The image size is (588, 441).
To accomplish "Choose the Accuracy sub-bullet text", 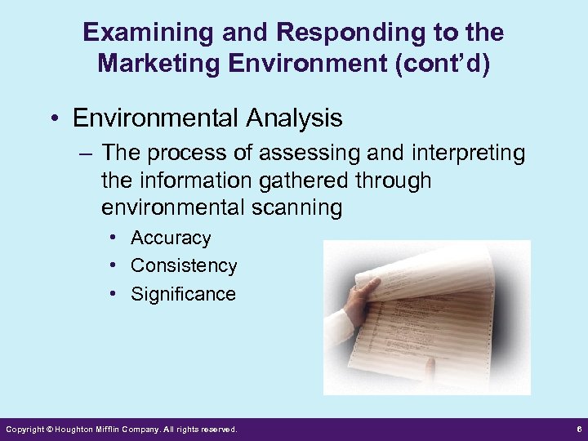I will click(x=171, y=238).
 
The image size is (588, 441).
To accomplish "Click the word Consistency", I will click(x=184, y=266).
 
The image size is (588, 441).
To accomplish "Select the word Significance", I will click(x=183, y=294).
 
